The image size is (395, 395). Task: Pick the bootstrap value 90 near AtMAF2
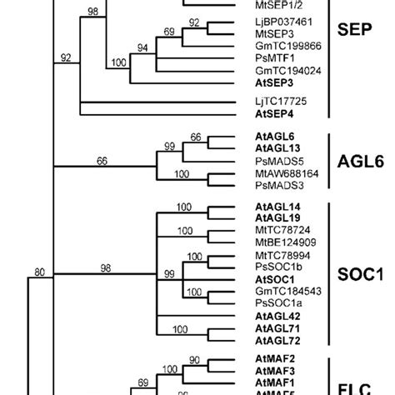(x=217, y=358)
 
